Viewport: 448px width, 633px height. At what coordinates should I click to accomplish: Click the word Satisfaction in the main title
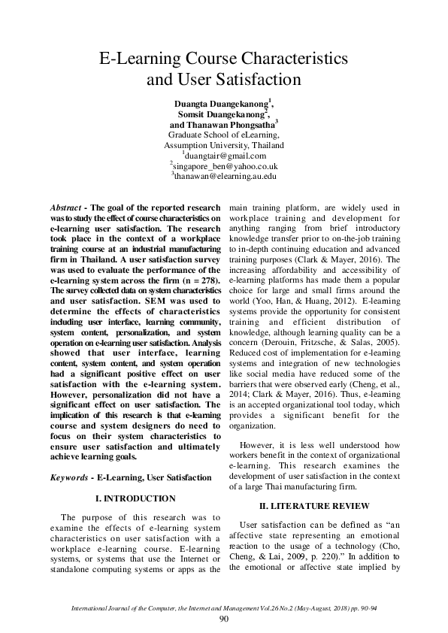tap(253, 79)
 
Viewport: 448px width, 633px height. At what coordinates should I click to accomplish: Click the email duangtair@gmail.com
tap(225, 156)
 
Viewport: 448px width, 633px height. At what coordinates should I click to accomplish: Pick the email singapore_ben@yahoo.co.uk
tap(225, 165)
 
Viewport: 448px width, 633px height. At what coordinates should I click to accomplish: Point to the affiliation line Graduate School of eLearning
tap(224, 135)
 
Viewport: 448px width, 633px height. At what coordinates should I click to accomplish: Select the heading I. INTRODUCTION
tap(135, 498)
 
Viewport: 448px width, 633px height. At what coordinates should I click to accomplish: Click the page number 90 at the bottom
tap(223, 619)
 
